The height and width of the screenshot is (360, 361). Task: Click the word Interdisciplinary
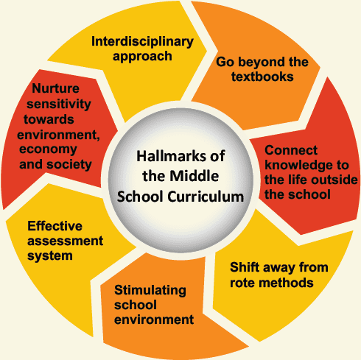pos(142,41)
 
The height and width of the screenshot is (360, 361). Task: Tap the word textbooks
pos(262,77)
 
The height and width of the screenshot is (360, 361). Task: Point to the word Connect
pos(291,150)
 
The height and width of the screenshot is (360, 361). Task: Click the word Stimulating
pos(150,291)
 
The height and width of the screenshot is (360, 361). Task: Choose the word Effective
pos(55,226)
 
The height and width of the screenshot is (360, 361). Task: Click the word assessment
pos(65,241)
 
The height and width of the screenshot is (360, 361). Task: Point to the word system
pos(50,256)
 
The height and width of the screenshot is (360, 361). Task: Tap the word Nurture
pos(55,88)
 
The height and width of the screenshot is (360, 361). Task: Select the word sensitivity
pos(59,105)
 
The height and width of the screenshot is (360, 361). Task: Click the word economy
pos(48,149)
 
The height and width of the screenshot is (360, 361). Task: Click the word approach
pos(142,57)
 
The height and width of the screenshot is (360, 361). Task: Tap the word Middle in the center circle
pos(194,176)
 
